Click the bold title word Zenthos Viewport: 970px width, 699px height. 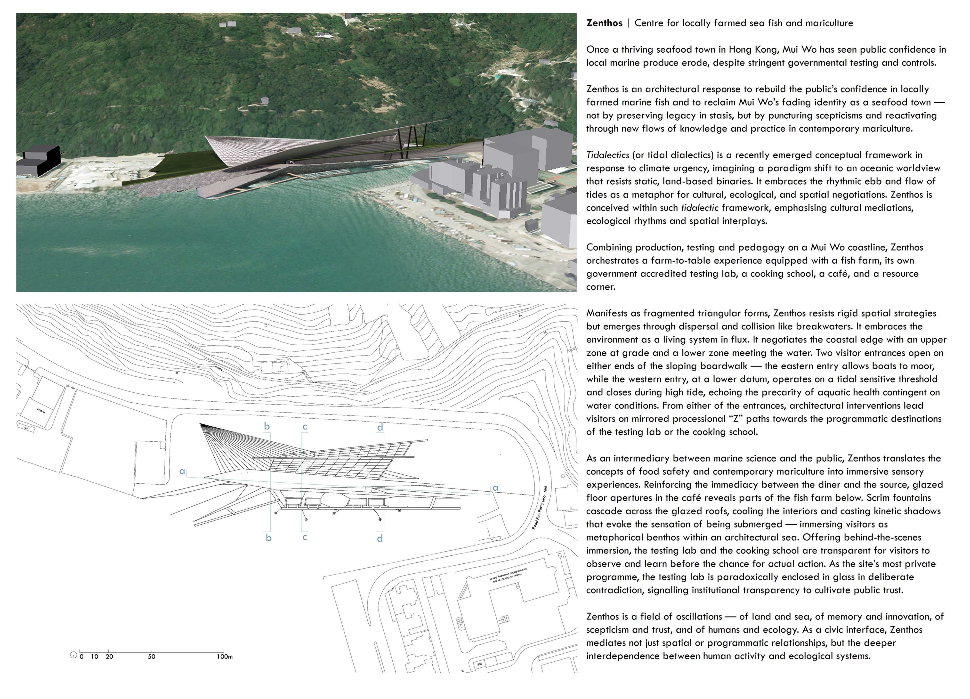(x=604, y=23)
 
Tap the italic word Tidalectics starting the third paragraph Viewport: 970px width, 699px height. (x=607, y=155)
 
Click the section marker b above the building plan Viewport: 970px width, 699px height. (x=267, y=426)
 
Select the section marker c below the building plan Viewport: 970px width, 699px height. (x=305, y=537)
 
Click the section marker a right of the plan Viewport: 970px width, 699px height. (x=495, y=488)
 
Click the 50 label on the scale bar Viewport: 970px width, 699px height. (x=151, y=657)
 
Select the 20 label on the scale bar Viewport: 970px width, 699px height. (x=109, y=657)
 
